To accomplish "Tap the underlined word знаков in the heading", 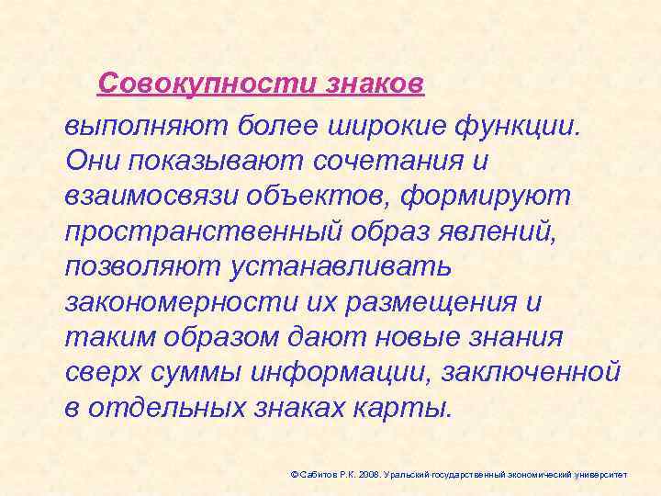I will pos(374,85).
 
